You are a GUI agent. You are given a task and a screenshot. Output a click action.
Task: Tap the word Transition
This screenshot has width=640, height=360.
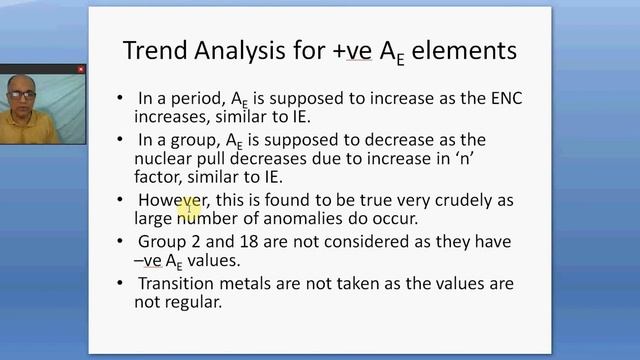(x=180, y=285)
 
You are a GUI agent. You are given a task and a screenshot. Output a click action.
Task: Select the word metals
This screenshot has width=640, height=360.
(x=256, y=285)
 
